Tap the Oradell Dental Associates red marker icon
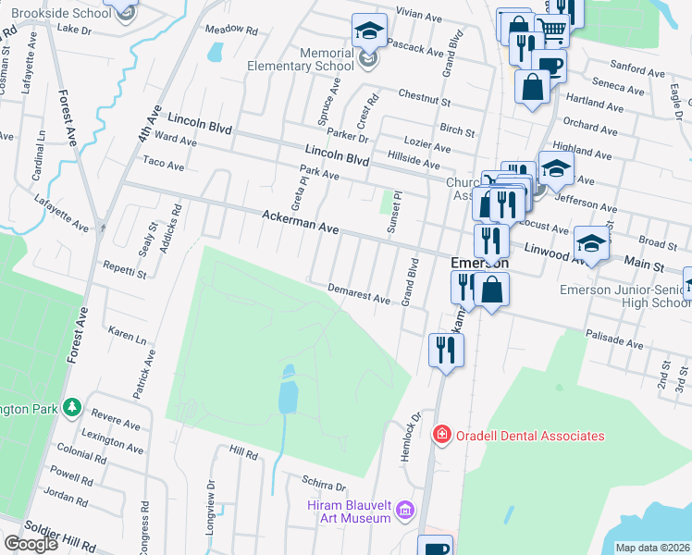[x=441, y=435]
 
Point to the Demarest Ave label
[x=359, y=293]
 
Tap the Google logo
[x=31, y=544]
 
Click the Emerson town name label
[x=480, y=262]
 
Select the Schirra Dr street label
[x=323, y=485]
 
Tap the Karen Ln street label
[x=128, y=333]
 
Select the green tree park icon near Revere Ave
[x=71, y=408]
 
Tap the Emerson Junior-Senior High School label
[x=624, y=297]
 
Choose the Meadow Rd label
[x=230, y=30]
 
